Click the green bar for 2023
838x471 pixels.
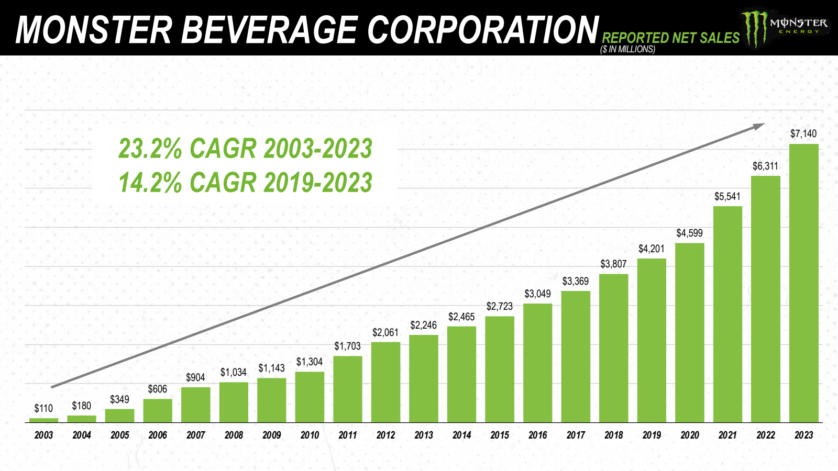[803, 283]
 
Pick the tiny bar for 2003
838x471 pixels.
[43, 420]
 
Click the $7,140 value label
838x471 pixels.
[803, 133]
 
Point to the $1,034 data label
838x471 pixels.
[233, 372]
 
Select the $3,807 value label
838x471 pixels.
[613, 264]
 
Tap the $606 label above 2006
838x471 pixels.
[157, 389]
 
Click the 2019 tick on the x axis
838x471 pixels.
[652, 435]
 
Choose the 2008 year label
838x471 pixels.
[234, 435]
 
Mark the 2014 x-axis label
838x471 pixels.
[461, 435]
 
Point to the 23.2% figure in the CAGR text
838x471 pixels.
[150, 148]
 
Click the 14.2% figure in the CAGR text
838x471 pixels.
[150, 183]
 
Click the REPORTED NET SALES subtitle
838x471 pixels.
[670, 38]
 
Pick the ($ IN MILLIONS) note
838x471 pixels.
[627, 49]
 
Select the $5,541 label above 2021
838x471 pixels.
[727, 196]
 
